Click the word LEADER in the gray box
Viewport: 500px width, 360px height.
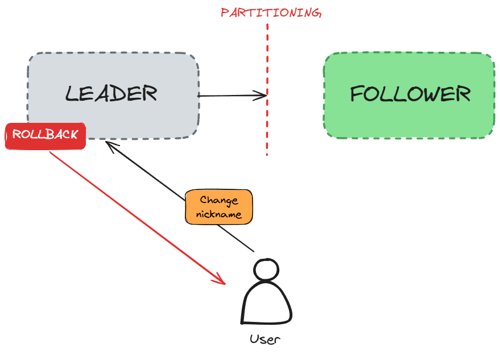click(111, 93)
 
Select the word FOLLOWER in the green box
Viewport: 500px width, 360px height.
click(410, 94)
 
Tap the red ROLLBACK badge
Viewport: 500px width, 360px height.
click(46, 135)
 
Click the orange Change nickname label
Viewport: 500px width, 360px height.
click(219, 207)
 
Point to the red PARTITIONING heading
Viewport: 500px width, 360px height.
click(271, 13)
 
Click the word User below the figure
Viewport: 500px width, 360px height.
click(265, 340)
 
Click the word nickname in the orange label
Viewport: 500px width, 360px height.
click(219, 214)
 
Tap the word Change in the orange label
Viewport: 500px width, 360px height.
click(219, 200)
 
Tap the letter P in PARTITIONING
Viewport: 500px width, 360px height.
click(225, 13)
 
